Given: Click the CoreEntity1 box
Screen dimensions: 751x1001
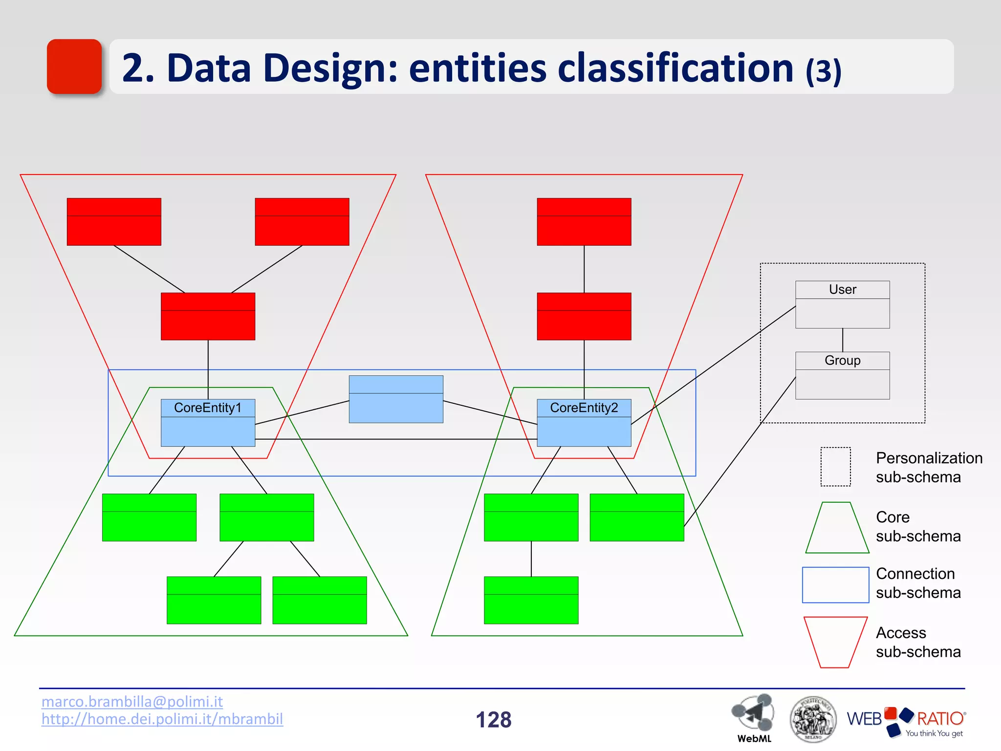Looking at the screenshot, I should pos(208,422).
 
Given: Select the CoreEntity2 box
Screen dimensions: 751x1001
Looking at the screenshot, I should pos(584,422).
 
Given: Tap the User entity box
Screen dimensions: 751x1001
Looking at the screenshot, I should pos(842,304).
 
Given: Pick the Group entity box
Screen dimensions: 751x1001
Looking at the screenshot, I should pos(842,375).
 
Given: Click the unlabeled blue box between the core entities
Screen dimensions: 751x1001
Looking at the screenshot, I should pos(396,399).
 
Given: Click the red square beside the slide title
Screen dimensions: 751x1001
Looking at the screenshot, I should pos(74,66).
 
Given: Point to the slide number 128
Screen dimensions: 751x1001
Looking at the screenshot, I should pos(493,720).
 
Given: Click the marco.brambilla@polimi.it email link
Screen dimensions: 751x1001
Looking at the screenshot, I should pos(132,702).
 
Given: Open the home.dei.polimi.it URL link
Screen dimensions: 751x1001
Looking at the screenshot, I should pos(162,719).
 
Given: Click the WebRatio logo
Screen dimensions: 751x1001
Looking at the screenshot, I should pos(906,721).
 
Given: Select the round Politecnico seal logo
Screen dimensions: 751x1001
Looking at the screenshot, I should pos(813,719).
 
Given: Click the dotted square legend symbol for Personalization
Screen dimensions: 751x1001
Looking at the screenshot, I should pos(835,466).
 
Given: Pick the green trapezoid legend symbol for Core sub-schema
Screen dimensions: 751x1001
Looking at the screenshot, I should pos(837,528).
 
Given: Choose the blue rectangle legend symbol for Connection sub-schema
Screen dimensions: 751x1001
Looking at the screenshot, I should pos(835,585).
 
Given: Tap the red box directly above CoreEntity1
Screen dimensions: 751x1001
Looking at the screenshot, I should pos(208,316).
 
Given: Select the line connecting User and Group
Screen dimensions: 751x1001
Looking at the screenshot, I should pos(842,340).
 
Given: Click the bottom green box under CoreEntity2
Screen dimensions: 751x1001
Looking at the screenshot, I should pos(531,600).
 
